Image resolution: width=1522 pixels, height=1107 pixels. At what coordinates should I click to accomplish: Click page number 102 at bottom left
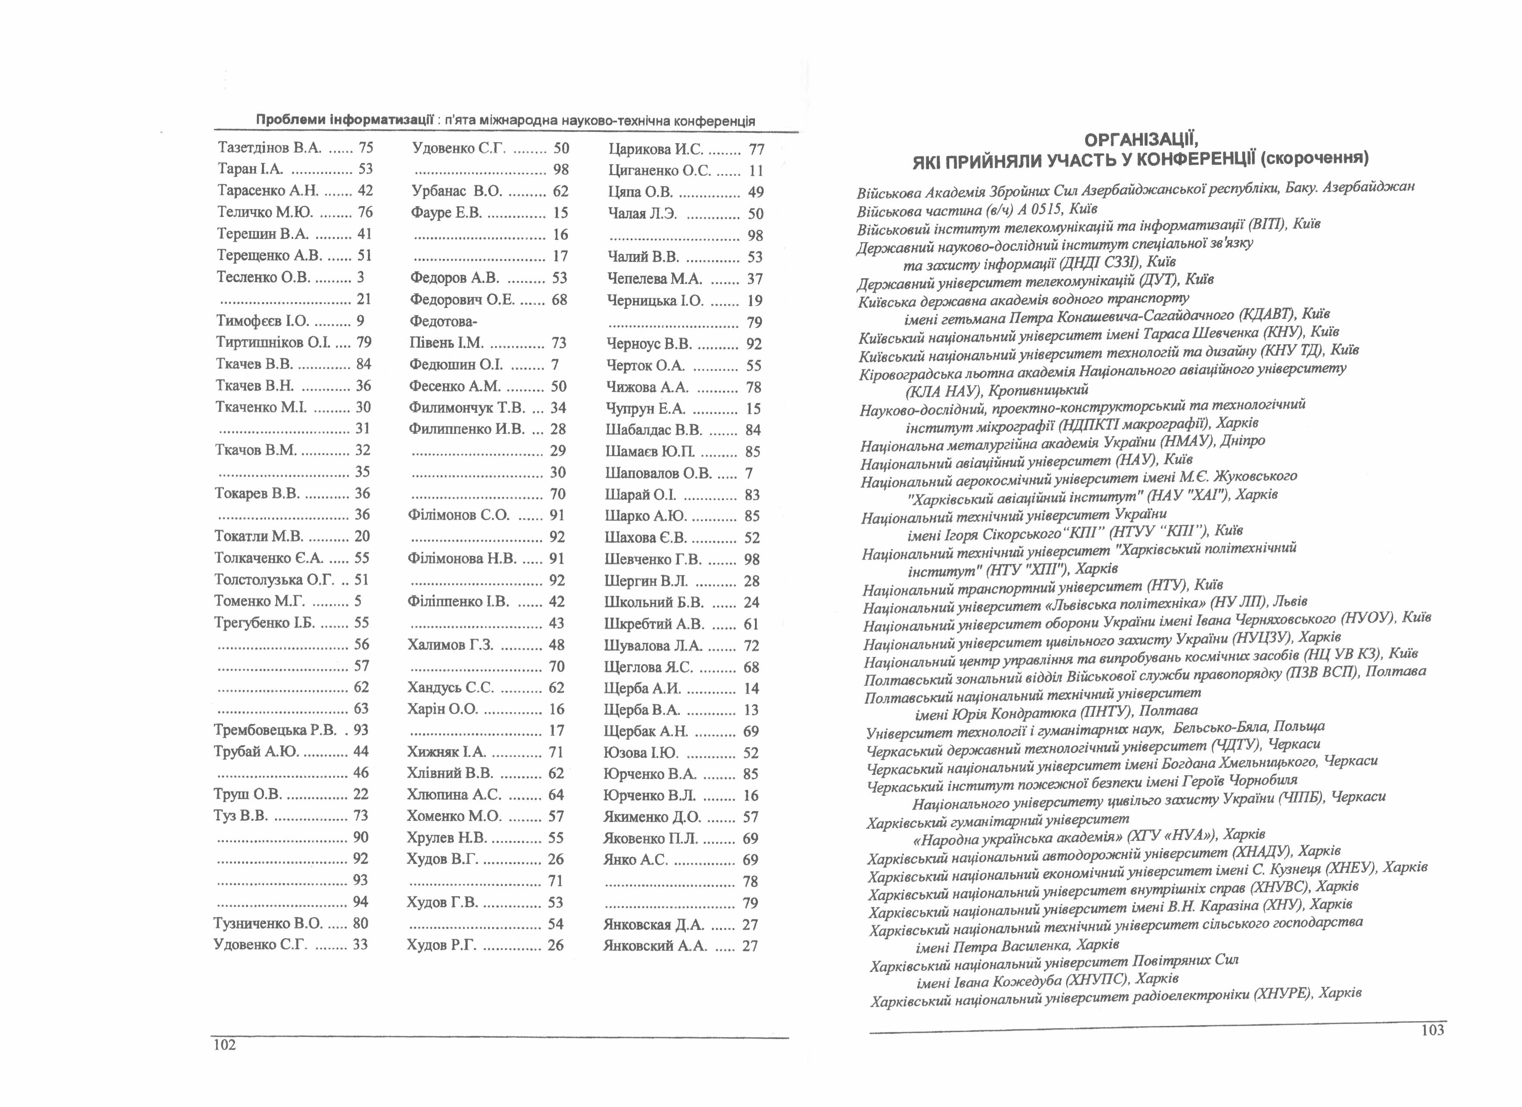click(x=225, y=1045)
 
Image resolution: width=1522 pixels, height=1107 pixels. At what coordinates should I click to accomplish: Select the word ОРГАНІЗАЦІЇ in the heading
click(x=1141, y=140)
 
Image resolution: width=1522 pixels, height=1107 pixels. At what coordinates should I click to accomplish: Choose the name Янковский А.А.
click(x=655, y=946)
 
